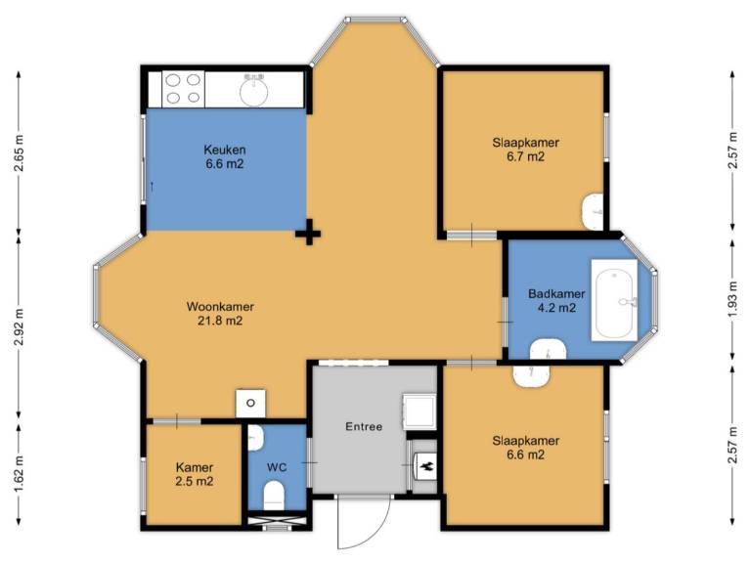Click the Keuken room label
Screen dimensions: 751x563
(x=225, y=156)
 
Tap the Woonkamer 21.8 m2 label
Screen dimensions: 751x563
(x=220, y=313)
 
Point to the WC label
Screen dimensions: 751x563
(x=277, y=467)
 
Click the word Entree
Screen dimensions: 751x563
(x=364, y=426)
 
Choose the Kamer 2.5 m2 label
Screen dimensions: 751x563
(x=195, y=474)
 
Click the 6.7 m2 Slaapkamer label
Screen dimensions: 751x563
(x=526, y=150)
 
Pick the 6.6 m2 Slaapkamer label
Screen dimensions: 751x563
(x=526, y=447)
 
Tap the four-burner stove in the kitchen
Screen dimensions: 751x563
(x=184, y=89)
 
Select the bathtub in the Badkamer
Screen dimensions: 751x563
(x=614, y=300)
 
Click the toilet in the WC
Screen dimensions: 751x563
(x=275, y=496)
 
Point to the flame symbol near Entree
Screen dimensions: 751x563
(x=425, y=466)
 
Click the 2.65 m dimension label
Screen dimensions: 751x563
(x=20, y=153)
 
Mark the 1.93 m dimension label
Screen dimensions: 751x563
(x=732, y=297)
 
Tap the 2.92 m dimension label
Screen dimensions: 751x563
(x=20, y=327)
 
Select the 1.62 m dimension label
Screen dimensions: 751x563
(x=20, y=473)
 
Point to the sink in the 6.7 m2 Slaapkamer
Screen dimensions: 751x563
(x=595, y=211)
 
